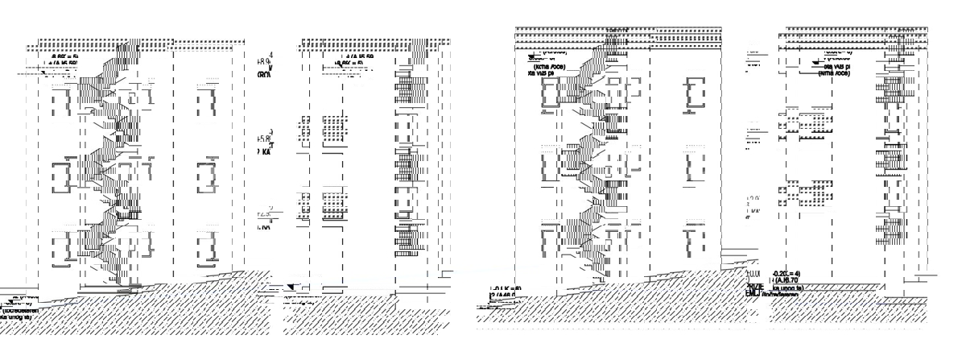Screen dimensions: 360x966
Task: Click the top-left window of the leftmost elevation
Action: point(61,99)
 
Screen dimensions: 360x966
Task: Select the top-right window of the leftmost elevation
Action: point(207,99)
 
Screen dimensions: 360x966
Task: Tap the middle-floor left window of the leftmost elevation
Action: point(61,176)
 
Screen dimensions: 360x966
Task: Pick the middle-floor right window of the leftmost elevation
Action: point(207,176)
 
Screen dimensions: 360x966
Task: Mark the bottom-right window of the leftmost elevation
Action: point(207,249)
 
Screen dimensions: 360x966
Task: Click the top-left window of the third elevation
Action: point(551,93)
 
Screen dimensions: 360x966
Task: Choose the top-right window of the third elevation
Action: point(696,93)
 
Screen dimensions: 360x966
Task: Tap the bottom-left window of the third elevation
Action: point(551,242)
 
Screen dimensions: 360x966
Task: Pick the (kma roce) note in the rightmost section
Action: point(834,72)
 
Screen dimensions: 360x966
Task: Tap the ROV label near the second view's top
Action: point(264,74)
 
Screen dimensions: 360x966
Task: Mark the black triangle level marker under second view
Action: point(291,286)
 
